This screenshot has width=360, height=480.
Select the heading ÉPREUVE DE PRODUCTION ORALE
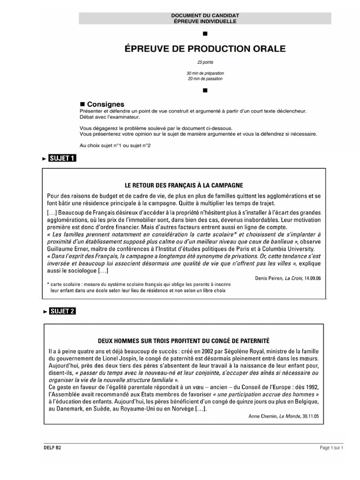click(204, 49)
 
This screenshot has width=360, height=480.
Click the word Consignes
click(106, 104)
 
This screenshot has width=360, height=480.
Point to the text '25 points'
click(204, 62)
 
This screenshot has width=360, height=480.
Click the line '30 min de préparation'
click(205, 73)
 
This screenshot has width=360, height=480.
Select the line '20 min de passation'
click(205, 79)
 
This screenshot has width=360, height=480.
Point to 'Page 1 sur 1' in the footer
click(331, 448)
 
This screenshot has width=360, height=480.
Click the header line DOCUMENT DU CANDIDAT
click(205, 16)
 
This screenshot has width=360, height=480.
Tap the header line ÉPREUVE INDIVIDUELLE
click(205, 22)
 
